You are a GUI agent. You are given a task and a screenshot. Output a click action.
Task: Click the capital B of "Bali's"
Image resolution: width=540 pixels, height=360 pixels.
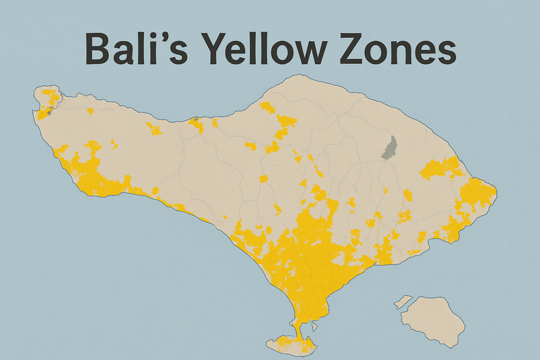coord(99,51)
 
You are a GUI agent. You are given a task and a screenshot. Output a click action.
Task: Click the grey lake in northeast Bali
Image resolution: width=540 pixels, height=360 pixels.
coord(389,147)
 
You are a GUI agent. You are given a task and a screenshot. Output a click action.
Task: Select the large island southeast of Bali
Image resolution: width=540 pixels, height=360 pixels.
coord(433,321)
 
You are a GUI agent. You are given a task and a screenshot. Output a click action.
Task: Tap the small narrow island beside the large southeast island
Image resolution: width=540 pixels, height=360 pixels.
coord(403,302)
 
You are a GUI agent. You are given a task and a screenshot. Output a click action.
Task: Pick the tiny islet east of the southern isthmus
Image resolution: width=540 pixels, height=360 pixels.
coord(315,326)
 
